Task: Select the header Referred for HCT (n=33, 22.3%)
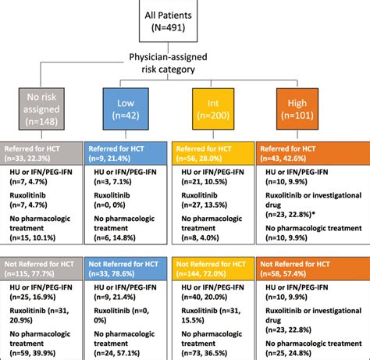click(45, 151)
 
